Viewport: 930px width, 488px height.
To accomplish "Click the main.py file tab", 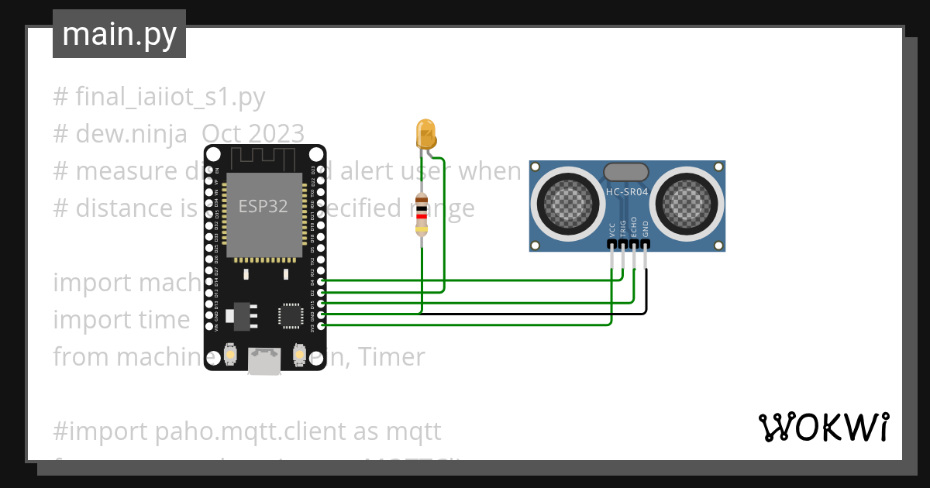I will pos(119,34).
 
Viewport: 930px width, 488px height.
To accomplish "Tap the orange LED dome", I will pos(425,133).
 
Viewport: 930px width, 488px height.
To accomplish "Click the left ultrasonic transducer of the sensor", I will pos(563,202).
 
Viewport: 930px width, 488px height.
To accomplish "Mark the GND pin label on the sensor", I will pos(645,229).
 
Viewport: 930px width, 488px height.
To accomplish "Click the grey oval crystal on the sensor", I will pos(626,172).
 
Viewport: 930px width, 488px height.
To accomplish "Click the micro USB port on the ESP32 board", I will pos(264,360).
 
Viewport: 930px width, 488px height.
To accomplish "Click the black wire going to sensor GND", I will pos(542,314).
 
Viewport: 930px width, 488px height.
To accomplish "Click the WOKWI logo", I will pos(823,427).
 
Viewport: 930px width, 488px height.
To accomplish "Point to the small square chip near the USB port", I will pos(291,315).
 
